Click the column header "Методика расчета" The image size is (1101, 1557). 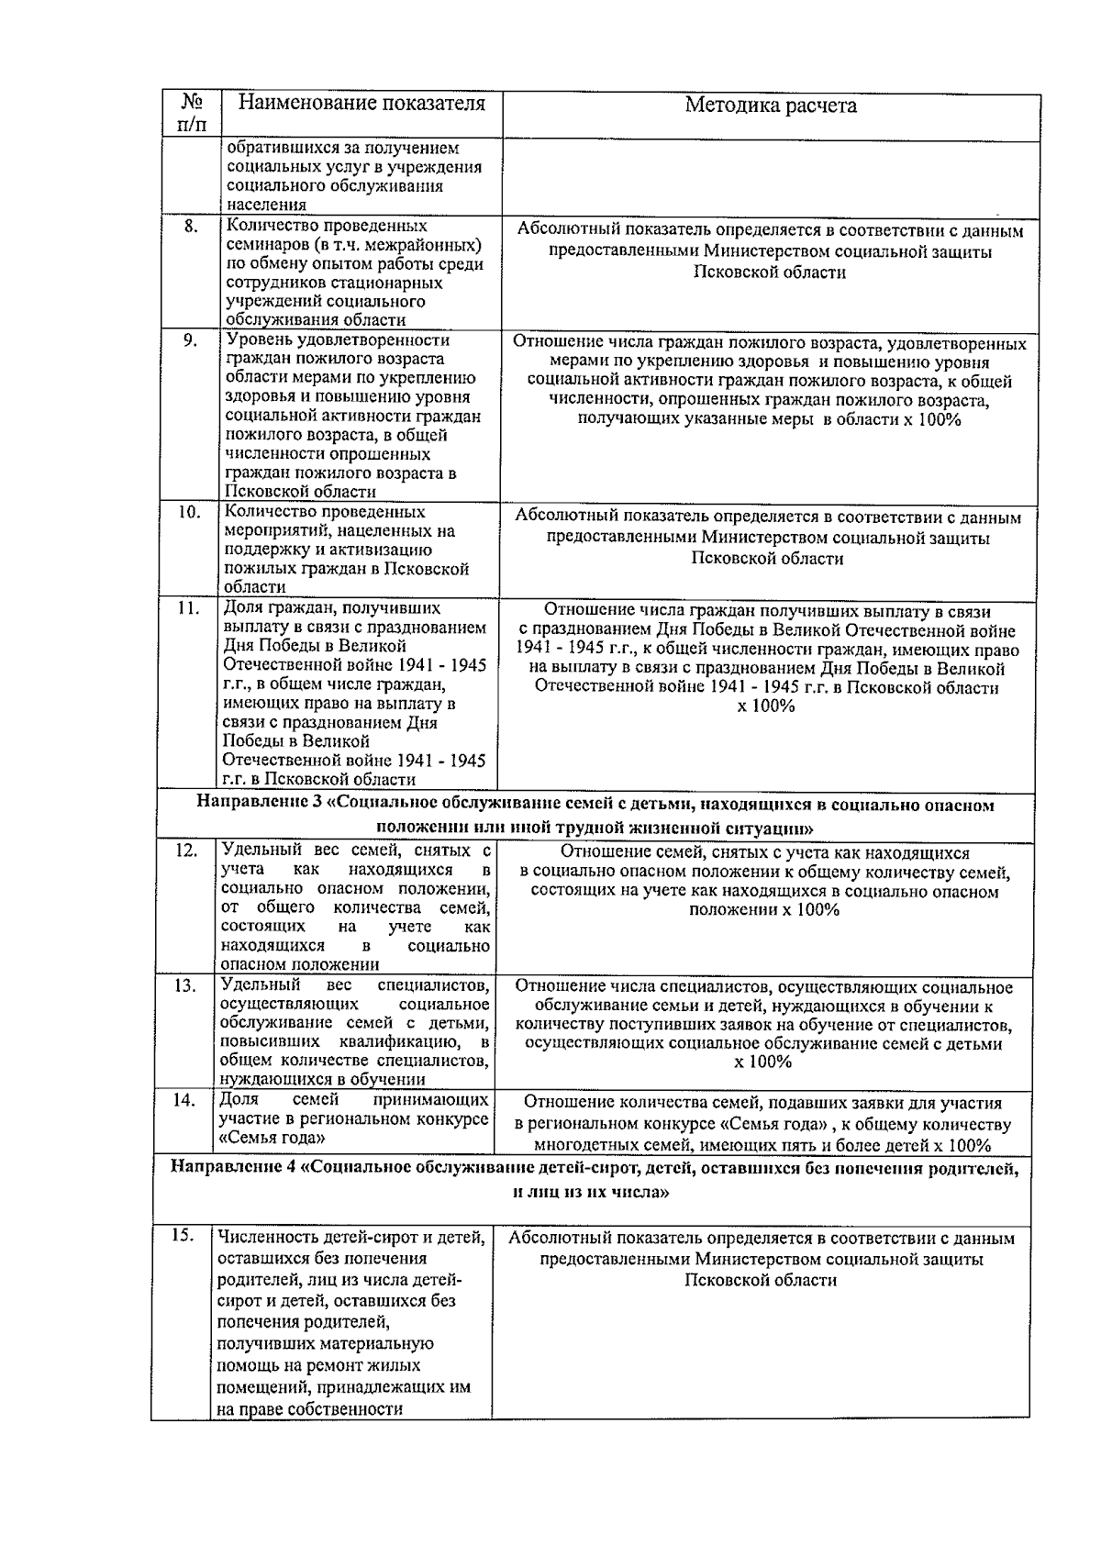[771, 106]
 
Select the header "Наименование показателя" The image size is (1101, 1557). [361, 103]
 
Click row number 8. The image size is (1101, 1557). [191, 227]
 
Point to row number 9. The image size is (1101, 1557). [190, 340]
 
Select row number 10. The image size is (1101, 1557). [188, 513]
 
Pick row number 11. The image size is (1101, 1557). [188, 608]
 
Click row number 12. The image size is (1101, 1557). [186, 851]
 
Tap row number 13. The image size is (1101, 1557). [186, 985]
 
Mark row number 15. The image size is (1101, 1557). [183, 1236]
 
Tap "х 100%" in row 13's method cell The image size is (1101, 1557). [762, 1062]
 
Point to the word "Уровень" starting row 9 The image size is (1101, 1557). [257, 340]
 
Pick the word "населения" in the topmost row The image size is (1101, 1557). [265, 206]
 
